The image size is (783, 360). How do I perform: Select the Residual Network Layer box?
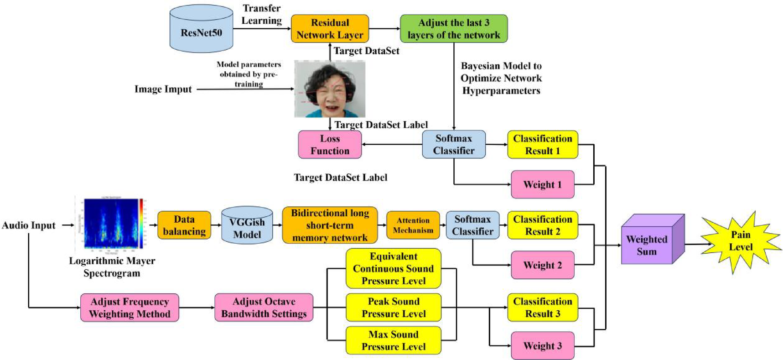click(330, 29)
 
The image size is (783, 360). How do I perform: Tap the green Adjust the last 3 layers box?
click(453, 29)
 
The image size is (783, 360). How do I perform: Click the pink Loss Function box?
click(330, 145)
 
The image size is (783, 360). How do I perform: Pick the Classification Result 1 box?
click(542, 145)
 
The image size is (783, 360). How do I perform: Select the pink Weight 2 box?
click(542, 265)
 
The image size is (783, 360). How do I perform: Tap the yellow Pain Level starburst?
click(740, 241)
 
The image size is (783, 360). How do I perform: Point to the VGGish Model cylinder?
click(247, 226)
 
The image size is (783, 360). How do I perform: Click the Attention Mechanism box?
click(413, 225)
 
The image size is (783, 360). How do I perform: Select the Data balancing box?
click(184, 225)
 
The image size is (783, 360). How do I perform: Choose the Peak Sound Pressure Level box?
click(393, 308)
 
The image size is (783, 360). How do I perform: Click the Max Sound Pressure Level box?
click(393, 340)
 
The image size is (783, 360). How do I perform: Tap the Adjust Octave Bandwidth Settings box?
click(264, 308)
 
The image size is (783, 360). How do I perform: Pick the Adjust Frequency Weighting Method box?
click(130, 308)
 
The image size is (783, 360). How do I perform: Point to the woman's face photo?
click(330, 89)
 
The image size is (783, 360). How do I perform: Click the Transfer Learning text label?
click(261, 15)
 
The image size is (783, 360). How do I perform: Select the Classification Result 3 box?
click(542, 308)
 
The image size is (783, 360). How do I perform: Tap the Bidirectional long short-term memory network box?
click(330, 225)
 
